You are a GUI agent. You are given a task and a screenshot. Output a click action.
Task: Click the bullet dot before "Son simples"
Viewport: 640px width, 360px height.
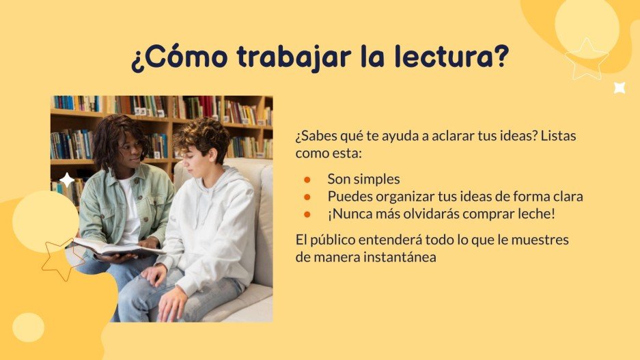(308, 179)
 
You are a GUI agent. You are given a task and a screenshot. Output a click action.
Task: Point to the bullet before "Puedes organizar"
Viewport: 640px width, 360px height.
(308, 197)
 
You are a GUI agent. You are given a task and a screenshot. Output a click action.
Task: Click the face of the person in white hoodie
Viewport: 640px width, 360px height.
(198, 152)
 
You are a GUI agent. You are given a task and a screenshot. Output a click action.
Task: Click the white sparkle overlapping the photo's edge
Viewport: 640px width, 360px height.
(67, 180)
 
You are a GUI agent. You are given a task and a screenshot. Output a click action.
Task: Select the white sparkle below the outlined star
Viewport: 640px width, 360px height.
(620, 87)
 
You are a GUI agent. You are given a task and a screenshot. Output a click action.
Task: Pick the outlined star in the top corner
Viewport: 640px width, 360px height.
(585, 59)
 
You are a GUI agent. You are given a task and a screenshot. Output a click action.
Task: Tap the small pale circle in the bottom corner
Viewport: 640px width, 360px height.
(28, 328)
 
